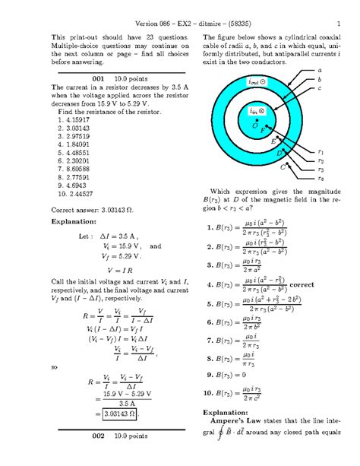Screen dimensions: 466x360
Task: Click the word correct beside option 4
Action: click(307, 286)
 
